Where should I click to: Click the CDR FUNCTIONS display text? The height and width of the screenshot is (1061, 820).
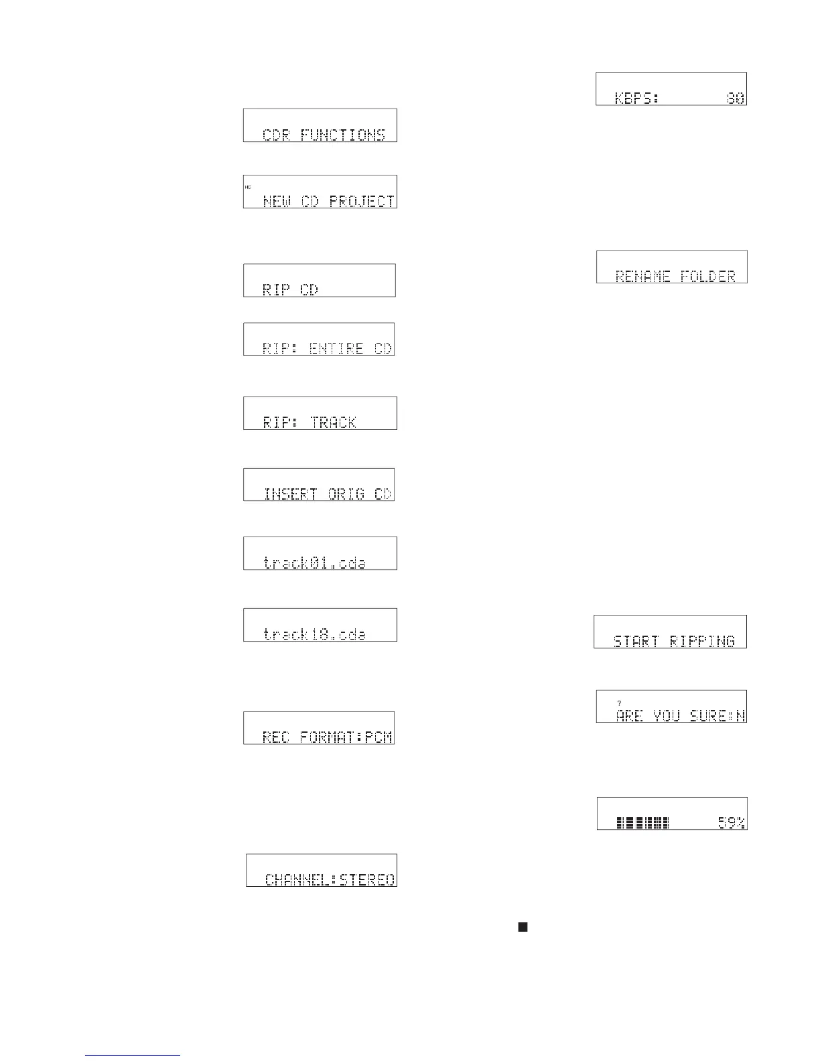coord(324,135)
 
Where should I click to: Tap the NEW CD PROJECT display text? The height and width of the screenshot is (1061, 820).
coord(328,201)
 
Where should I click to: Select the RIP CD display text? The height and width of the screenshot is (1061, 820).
coord(290,290)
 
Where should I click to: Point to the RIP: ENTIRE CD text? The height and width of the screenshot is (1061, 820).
coord(327,348)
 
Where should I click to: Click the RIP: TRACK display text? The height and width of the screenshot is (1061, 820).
coord(310,423)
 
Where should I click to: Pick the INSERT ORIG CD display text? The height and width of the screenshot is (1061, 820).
coord(328,494)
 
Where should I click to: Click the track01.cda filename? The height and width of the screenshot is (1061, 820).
coord(315,563)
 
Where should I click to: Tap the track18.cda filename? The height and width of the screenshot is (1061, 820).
coord(315,634)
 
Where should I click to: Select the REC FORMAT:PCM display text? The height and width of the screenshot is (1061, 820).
coord(327,737)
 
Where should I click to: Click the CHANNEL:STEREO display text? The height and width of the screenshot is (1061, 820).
coord(330,879)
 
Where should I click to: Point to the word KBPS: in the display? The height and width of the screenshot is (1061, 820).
coord(636,98)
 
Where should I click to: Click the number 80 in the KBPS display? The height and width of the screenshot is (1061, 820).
coord(736,98)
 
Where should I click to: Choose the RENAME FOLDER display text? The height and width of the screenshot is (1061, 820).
coord(675,276)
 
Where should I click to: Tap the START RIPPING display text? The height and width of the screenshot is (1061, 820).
coord(674,641)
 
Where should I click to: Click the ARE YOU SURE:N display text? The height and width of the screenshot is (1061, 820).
coord(681,716)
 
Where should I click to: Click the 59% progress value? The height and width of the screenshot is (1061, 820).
coord(732,823)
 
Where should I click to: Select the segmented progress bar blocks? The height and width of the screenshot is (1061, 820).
coord(642,823)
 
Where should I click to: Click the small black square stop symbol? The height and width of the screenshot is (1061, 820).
coord(523,927)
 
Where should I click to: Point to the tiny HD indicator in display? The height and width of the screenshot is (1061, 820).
coord(248,186)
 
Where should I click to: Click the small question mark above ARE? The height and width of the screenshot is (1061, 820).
coord(619,703)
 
